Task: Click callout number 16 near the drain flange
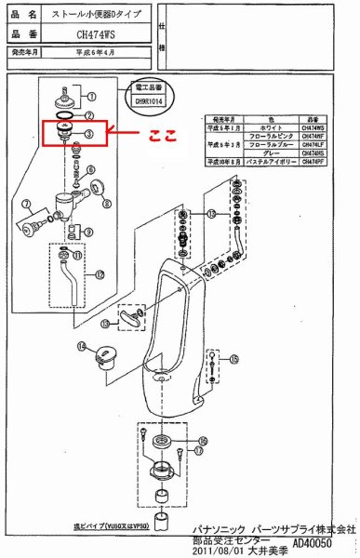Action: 202,440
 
